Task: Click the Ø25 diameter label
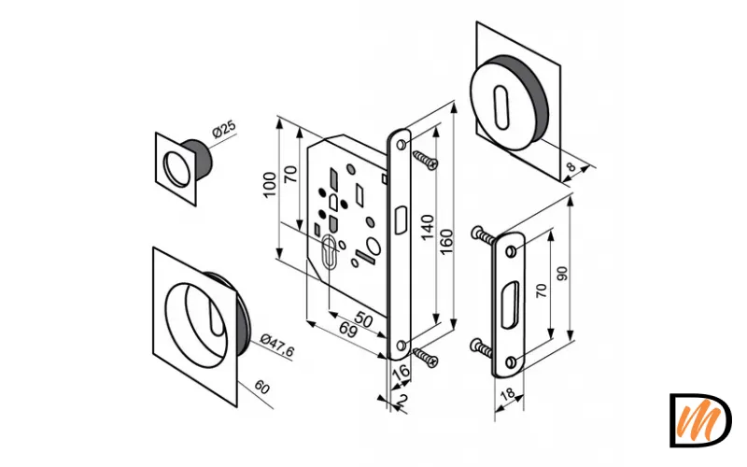[x=224, y=129]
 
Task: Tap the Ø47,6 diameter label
[x=277, y=346]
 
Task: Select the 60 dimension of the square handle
[x=261, y=387]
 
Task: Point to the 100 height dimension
[x=269, y=185]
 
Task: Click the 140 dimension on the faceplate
[x=428, y=227]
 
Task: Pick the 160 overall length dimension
[x=446, y=242]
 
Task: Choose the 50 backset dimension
[x=363, y=320]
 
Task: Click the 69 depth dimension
[x=346, y=330]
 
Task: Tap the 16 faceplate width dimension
[x=402, y=372]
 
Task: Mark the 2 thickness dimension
[x=402, y=400]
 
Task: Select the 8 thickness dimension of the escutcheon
[x=571, y=167]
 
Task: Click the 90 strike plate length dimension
[x=562, y=274]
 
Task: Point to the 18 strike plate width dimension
[x=508, y=394]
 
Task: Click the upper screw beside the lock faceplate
[x=425, y=160]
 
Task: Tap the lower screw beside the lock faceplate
[x=425, y=358]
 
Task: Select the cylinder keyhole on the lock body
[x=330, y=251]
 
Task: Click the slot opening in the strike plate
[x=510, y=304]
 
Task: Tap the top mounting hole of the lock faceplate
[x=402, y=144]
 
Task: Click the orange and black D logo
[x=699, y=420]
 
